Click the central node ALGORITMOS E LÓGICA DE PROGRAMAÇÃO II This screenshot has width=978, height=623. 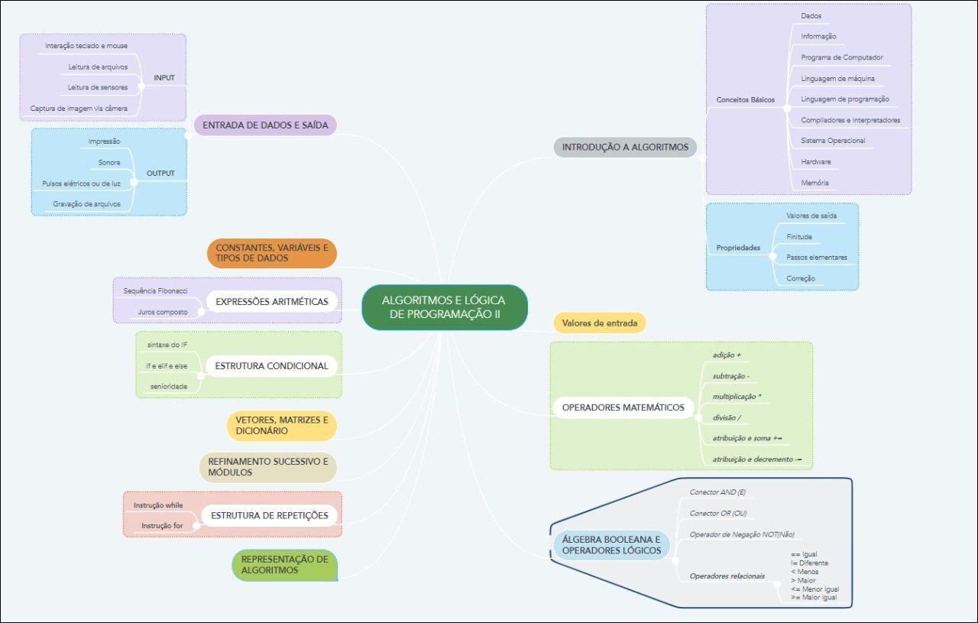[444, 307]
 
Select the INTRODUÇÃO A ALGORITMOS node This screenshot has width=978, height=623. [625, 147]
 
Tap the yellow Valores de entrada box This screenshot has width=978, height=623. [600, 323]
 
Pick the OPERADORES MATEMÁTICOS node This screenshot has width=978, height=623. [623, 407]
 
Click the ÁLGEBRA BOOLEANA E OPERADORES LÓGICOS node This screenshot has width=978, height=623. [611, 544]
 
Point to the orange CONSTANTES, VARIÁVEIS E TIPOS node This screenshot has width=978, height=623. [272, 253]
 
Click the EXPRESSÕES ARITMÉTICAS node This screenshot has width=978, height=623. [272, 301]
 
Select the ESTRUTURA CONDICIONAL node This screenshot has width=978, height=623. [271, 366]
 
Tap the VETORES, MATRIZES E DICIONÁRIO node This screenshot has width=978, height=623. [281, 426]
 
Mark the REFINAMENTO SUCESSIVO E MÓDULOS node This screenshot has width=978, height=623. [267, 467]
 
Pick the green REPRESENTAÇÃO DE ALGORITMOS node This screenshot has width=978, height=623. [284, 565]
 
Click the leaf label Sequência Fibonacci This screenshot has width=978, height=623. [155, 291]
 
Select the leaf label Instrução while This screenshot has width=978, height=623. [158, 505]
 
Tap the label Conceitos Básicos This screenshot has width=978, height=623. [745, 99]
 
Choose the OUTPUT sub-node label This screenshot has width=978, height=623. [160, 173]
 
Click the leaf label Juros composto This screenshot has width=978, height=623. [163, 312]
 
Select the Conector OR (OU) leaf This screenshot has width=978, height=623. [717, 513]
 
